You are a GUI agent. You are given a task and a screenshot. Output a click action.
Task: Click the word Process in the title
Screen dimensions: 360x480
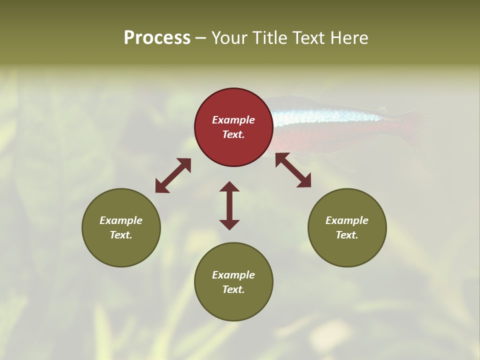pos(157,38)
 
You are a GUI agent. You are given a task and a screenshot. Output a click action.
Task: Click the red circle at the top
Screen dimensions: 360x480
pos(233,127)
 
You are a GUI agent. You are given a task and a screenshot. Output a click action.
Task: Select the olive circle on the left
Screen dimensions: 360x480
pos(121,227)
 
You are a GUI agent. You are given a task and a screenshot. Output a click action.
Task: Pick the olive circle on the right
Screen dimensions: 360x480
pos(347,227)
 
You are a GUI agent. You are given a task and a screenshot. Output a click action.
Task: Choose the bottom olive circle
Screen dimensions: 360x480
pos(233,281)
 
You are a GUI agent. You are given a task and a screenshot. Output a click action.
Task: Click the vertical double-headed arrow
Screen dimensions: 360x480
pos(229,205)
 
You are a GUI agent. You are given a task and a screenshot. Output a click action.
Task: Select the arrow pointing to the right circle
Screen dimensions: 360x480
pos(293,170)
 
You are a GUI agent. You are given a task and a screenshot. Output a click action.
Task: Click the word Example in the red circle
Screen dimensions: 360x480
pos(233,120)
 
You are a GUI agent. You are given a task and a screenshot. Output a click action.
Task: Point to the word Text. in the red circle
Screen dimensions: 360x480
pos(233,135)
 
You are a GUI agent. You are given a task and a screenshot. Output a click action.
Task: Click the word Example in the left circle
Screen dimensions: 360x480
pos(121,220)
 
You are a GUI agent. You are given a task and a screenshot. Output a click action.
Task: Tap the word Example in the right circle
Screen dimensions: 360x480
pos(347,220)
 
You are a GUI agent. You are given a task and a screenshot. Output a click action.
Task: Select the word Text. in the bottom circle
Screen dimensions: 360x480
pos(233,289)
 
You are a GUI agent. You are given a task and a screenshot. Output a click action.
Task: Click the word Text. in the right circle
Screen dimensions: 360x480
pos(347,235)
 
